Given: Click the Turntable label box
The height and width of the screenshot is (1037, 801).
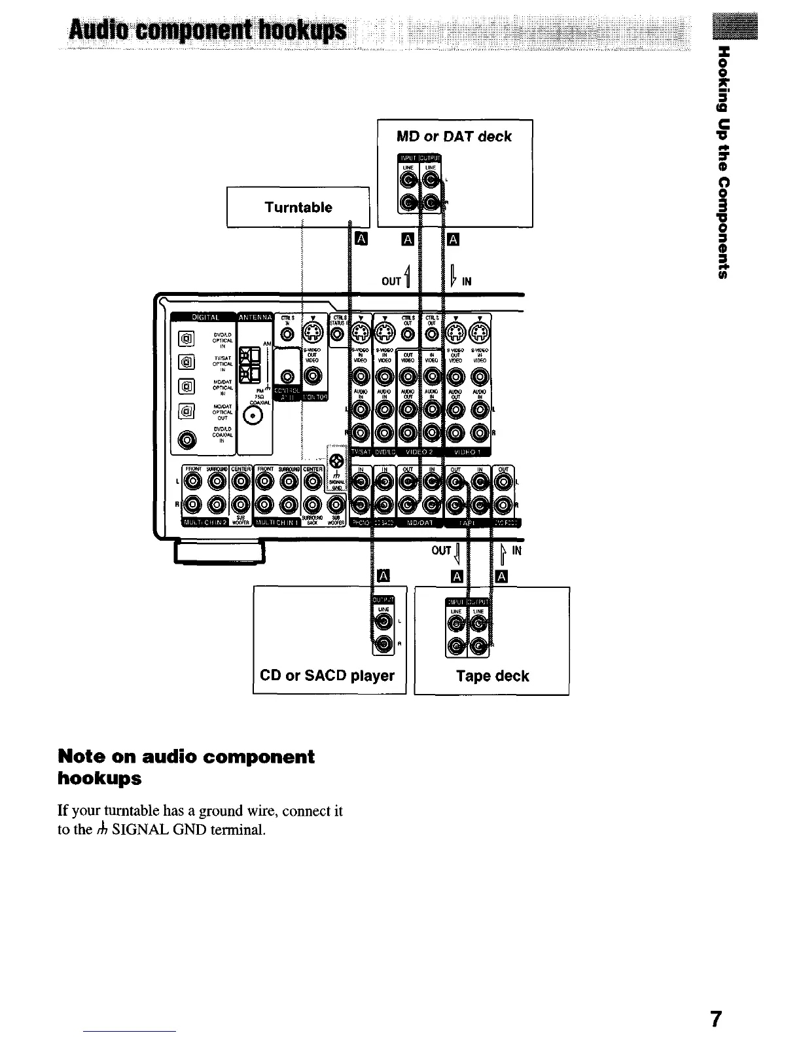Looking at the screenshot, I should tap(298, 208).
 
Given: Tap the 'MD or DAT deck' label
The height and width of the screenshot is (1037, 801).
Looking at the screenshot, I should tap(454, 137).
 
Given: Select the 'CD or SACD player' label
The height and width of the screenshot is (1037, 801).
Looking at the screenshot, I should tap(327, 676).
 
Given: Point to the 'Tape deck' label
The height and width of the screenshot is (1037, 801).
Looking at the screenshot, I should tap(492, 676).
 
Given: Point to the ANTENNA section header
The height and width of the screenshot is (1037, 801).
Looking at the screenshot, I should tap(255, 318).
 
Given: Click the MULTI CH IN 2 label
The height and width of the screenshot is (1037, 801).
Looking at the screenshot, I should tap(204, 522).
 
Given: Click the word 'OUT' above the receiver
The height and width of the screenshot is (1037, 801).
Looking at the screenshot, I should tap(391, 282).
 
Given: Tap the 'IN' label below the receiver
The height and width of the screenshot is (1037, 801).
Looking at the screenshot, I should tap(516, 551).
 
